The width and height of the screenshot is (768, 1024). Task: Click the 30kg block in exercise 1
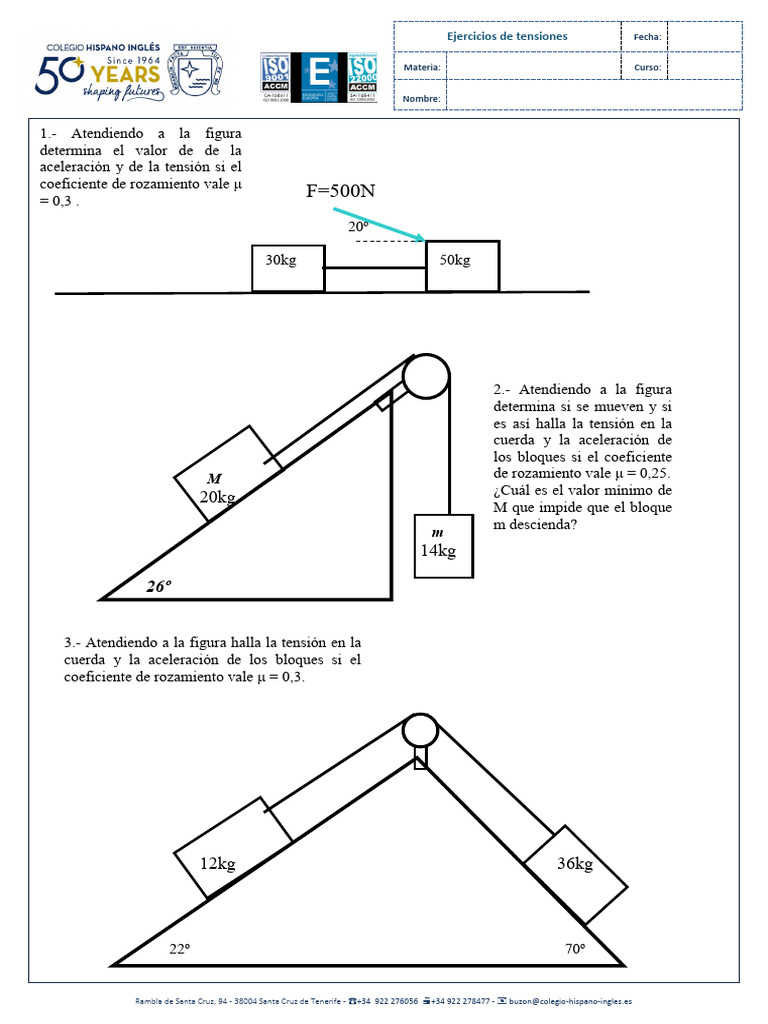pyautogui.click(x=288, y=267)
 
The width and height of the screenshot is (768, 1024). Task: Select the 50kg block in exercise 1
pyautogui.click(x=462, y=266)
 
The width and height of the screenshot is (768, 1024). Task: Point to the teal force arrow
pyautogui.click(x=379, y=225)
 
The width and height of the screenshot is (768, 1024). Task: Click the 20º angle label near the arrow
pyautogui.click(x=358, y=227)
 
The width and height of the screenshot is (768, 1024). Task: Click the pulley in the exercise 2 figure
pyautogui.click(x=427, y=378)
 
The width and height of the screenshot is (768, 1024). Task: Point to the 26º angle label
pyautogui.click(x=158, y=586)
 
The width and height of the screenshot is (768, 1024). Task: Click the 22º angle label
pyautogui.click(x=179, y=949)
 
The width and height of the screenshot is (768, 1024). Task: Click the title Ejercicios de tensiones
pyautogui.click(x=506, y=36)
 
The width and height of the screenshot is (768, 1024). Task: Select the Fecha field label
pyautogui.click(x=647, y=37)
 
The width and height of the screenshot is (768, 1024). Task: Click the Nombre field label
pyautogui.click(x=421, y=98)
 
